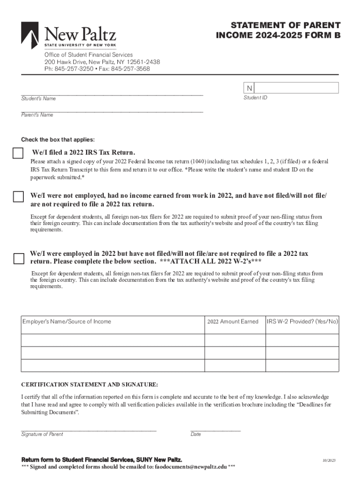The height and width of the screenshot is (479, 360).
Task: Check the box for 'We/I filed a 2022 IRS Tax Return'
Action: coord(18,153)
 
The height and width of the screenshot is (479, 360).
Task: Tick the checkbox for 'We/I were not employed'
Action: coord(18,196)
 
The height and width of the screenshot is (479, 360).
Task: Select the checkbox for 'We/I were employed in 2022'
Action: coord(18,258)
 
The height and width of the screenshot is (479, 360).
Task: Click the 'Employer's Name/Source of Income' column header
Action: coord(67,321)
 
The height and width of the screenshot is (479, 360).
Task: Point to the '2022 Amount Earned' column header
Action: coord(232,321)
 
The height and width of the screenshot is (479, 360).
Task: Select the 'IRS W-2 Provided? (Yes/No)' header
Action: coord(302,321)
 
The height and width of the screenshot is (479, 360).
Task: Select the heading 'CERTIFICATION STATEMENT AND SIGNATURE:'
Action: coord(90,385)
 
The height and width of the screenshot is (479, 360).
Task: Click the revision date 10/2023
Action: coord(329,461)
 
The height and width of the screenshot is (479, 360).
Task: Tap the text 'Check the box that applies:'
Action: coord(58,139)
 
